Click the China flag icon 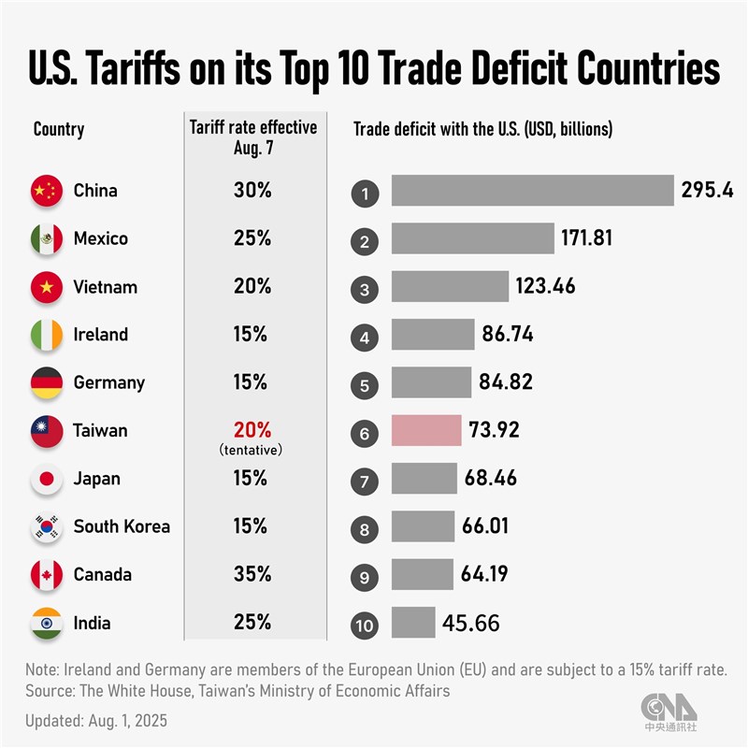(x=46, y=191)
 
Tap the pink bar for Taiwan (x=426, y=430)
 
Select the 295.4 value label (x=707, y=191)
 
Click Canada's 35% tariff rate (x=252, y=574)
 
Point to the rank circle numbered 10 (x=364, y=623)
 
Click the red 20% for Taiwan (x=252, y=430)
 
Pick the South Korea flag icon (x=46, y=526)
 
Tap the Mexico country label (x=101, y=238)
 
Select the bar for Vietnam (x=450, y=287)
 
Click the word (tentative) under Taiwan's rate (x=252, y=451)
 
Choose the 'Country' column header (x=58, y=129)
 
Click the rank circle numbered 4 (x=364, y=336)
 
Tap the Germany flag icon (x=46, y=382)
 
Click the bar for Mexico (x=473, y=238)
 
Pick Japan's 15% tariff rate (x=252, y=479)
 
